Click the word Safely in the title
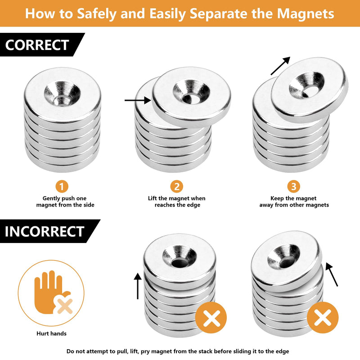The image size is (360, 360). point(97,14)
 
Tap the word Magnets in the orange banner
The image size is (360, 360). point(306,13)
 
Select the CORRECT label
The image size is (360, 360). point(37,45)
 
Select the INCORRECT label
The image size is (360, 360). point(44,231)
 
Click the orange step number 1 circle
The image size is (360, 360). point(62,186)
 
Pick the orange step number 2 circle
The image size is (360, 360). point(176,186)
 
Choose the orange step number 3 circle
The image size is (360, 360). point(294,186)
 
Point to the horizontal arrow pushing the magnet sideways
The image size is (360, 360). point(138,100)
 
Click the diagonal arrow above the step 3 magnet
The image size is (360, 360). point(280,66)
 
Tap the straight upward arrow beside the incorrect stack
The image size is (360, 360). point(138,286)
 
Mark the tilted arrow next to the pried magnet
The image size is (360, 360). point(332,274)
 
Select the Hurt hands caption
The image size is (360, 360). point(51,333)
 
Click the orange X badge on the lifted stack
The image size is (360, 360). point(211,318)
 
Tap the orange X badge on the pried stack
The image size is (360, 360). point(323,318)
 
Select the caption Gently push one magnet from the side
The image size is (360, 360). point(65,202)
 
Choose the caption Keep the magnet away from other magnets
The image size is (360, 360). point(294,202)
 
